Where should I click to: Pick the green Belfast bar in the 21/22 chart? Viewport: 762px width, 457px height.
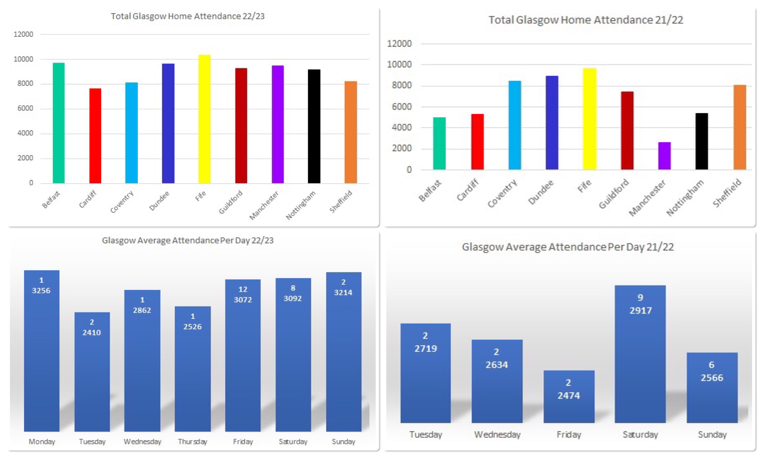click(x=439, y=143)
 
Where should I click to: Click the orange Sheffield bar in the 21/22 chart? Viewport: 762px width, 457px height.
click(x=740, y=127)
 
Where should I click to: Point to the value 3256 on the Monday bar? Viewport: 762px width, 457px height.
click(x=41, y=290)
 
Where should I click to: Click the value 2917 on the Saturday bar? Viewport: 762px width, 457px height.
click(x=640, y=310)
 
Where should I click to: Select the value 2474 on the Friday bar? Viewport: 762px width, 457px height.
click(x=568, y=395)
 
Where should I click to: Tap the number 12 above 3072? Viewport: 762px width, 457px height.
click(x=243, y=289)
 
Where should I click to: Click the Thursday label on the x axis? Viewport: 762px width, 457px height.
click(x=193, y=442)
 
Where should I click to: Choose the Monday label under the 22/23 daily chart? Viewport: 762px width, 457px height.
click(x=42, y=442)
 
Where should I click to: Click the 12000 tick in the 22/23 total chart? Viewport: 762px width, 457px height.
click(x=23, y=34)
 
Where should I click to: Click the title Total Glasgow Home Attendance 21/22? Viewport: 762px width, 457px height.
click(x=586, y=20)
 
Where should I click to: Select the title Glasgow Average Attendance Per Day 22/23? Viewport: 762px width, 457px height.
click(x=187, y=240)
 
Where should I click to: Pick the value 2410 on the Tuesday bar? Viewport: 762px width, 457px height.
click(x=92, y=332)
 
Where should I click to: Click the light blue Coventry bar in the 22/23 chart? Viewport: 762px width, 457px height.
click(x=131, y=132)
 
